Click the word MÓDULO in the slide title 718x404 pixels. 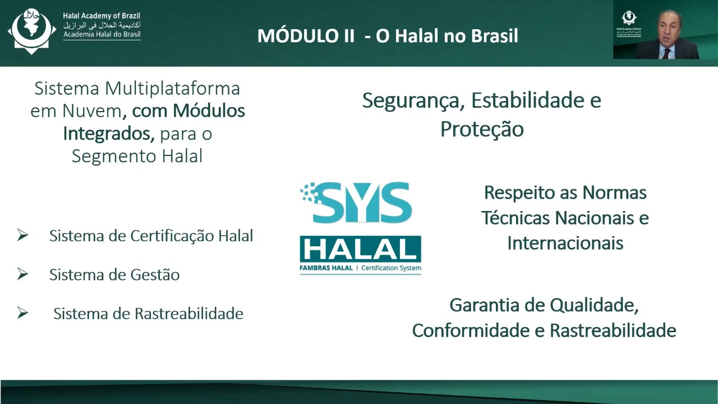coord(306,35)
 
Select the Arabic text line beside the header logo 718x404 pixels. coord(102,25)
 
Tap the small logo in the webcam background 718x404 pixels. coord(629,24)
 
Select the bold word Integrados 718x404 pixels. coord(109,134)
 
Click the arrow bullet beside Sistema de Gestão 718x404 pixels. coord(23,274)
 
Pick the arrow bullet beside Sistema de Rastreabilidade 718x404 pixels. coord(23,313)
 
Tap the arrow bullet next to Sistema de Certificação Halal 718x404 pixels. coord(23,235)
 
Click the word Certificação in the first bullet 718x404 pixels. coord(172,236)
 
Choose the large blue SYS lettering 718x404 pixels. coord(356,203)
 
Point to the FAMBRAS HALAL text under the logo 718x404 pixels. coord(326,268)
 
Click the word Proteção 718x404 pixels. coord(482,130)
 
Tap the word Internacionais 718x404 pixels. coord(565,243)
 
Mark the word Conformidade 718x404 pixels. coord(471,330)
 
